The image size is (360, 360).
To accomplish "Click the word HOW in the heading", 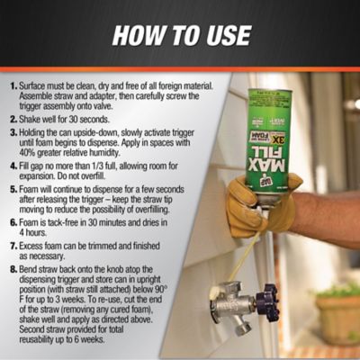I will click(135, 36).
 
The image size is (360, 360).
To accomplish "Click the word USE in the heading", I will click(226, 36).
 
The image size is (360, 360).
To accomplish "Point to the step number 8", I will click(12, 267).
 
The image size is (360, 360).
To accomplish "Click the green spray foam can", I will click(270, 135).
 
